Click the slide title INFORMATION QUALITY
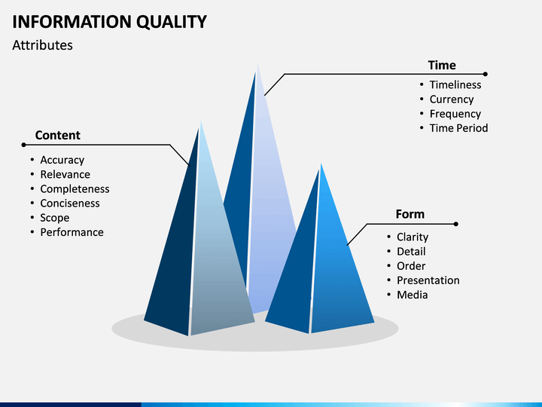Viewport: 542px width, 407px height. tap(110, 22)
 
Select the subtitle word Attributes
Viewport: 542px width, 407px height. tap(42, 45)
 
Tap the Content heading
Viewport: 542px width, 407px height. tap(58, 135)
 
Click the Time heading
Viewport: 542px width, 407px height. tap(442, 65)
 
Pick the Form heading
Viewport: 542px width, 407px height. tap(410, 214)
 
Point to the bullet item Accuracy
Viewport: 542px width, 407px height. tap(62, 160)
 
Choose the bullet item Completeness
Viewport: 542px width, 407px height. tap(75, 189)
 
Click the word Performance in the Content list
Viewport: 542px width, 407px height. tap(72, 232)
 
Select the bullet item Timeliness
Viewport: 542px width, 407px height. tap(455, 84)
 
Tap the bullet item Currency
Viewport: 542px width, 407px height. tap(452, 99)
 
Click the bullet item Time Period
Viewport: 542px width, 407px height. tap(458, 128)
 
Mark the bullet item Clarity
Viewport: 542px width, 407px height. tap(413, 237)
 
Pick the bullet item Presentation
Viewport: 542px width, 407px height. tap(428, 280)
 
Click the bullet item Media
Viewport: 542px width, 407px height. tap(412, 295)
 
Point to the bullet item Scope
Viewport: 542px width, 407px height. tap(55, 218)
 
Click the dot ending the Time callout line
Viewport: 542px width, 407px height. tap(486, 74)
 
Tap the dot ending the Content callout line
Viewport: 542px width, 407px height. tap(23, 145)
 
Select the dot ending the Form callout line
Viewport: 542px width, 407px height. tap(456, 224)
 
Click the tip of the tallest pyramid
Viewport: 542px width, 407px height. tap(258, 64)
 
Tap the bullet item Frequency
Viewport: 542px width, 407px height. tap(455, 114)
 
